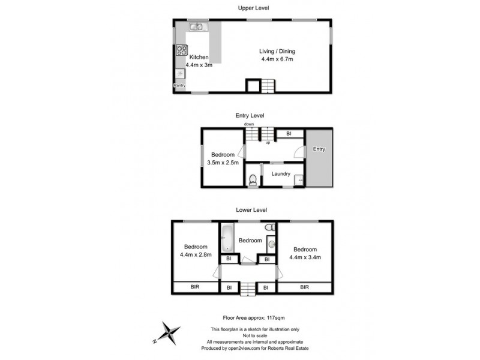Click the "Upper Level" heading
click(253, 8)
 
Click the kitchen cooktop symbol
click(181, 51)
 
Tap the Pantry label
click(179, 86)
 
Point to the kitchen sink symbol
click(197, 27)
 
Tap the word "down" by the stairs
click(249, 124)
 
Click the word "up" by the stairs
click(268, 143)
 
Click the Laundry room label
click(281, 175)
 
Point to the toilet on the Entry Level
click(254, 178)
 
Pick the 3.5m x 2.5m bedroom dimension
click(223, 162)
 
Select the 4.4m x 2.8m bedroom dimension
click(196, 254)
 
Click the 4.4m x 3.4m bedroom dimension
click(305, 257)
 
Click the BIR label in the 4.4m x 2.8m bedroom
click(196, 287)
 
